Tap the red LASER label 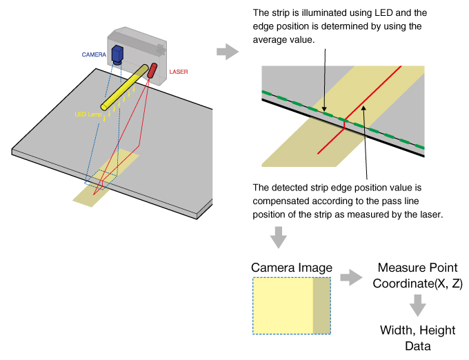click(x=178, y=71)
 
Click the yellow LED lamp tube click(x=125, y=88)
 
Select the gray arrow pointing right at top click(x=225, y=51)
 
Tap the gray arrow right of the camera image click(x=351, y=278)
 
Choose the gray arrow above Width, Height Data click(x=416, y=303)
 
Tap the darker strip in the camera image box click(x=322, y=306)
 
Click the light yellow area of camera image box click(x=283, y=306)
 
